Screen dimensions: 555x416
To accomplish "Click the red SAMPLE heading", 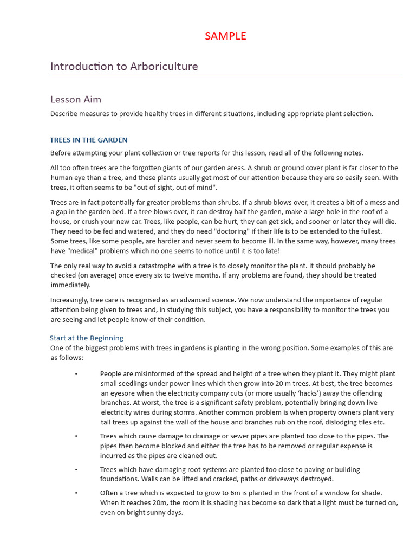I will click(x=225, y=36).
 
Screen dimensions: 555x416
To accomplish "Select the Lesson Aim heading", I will click(x=76, y=99).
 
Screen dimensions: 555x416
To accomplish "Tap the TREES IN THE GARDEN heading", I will click(x=89, y=140).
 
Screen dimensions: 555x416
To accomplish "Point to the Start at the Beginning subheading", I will click(x=87, y=338).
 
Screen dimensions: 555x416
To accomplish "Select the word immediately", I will click(x=70, y=285).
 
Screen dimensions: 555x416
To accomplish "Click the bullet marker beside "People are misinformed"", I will click(x=76, y=373).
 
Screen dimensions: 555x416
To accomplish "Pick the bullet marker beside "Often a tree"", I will click(x=76, y=493).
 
